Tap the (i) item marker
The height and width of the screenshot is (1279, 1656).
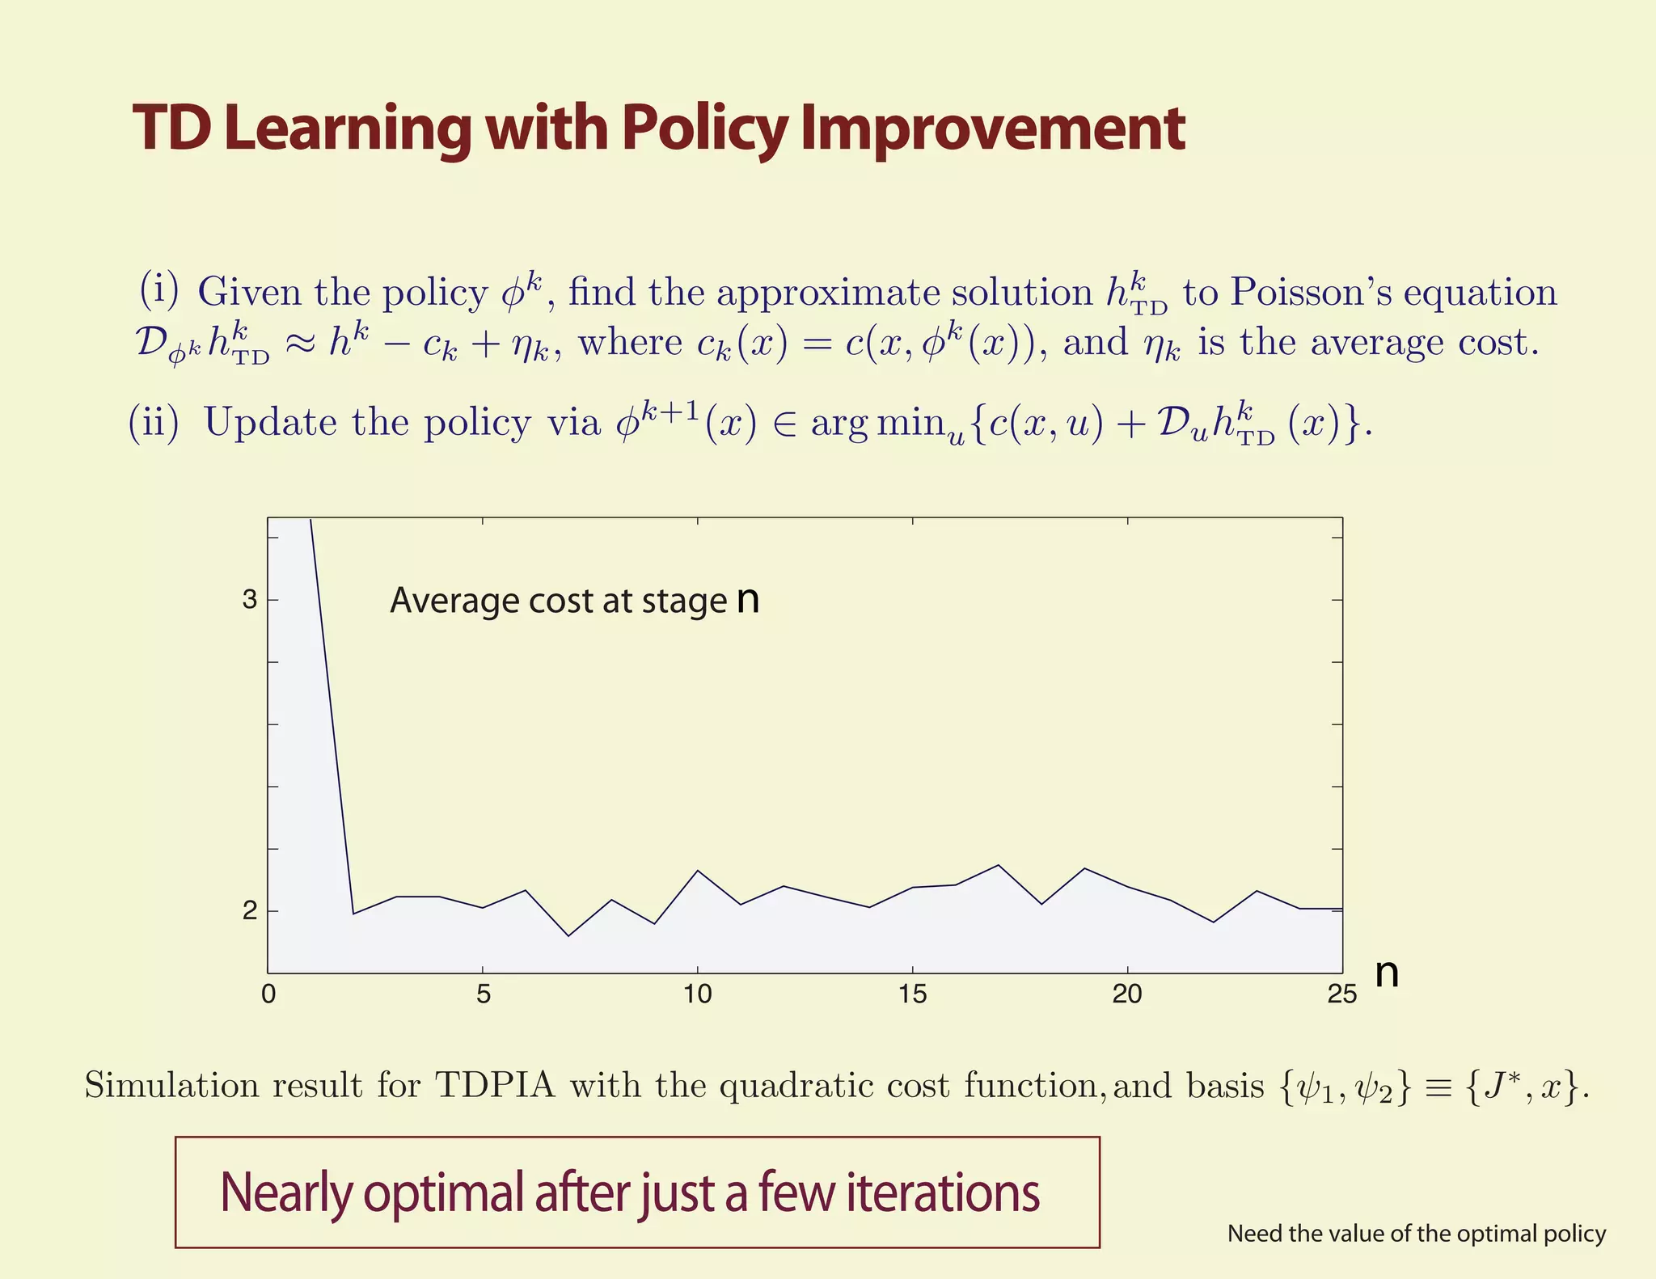[x=158, y=289]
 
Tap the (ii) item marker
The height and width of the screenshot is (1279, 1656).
[x=154, y=421]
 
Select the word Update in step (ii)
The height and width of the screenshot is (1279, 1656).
[x=270, y=421]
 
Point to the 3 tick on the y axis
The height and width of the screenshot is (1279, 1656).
[x=250, y=600]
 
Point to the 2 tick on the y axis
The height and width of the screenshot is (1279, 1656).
[x=250, y=911]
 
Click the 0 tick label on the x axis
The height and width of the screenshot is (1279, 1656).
[x=268, y=994]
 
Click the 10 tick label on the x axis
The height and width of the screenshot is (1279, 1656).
[x=697, y=994]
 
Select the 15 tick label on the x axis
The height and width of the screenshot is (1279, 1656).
[x=912, y=994]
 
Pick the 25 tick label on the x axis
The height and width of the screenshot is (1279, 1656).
[x=1341, y=994]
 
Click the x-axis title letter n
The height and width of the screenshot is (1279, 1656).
[x=1387, y=973]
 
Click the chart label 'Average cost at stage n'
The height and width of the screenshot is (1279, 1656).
[x=574, y=601]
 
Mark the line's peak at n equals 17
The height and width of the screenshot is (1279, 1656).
[x=998, y=865]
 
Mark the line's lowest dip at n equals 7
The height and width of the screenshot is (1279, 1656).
[x=568, y=936]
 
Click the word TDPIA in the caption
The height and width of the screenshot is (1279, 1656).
[x=495, y=1085]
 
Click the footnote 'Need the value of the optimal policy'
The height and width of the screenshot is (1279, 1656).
[x=1416, y=1234]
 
